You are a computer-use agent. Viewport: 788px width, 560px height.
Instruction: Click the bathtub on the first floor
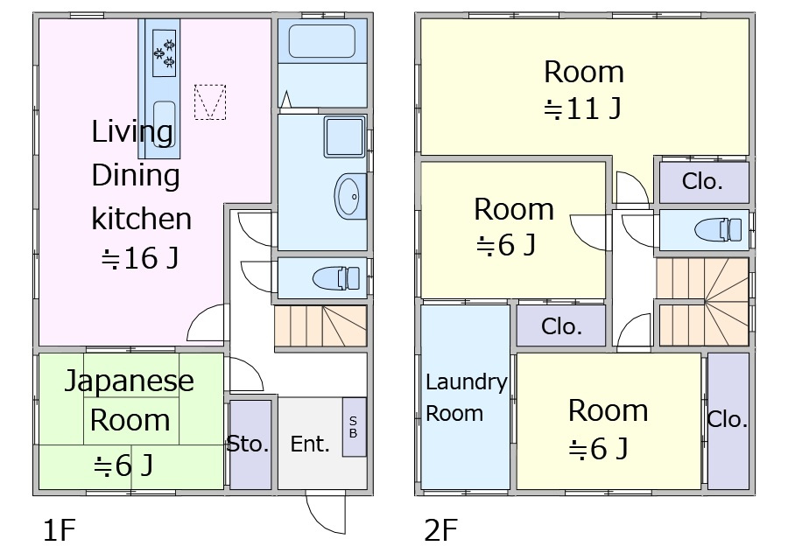pos(322,40)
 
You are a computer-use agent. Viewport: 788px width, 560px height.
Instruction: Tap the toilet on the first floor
pos(336,277)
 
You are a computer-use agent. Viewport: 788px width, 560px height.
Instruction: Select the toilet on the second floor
pos(718,230)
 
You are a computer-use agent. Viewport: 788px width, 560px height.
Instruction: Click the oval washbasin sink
pos(350,196)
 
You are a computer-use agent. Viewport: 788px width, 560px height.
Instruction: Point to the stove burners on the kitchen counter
pos(165,52)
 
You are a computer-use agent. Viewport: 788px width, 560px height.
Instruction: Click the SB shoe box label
pos(354,427)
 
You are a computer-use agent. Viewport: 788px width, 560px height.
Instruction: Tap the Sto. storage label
pos(248,444)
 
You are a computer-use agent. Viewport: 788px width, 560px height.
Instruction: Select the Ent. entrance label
pos(310,444)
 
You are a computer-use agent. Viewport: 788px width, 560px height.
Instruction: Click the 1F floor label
pos(60,530)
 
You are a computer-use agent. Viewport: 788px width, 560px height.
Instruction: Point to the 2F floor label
pos(440,530)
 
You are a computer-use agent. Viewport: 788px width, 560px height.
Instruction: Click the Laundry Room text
pos(466,398)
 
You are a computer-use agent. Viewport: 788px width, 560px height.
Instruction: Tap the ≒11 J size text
pos(583,108)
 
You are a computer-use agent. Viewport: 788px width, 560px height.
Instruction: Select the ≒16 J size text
pos(140,259)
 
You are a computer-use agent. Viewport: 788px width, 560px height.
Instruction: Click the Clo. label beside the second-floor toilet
pos(702,181)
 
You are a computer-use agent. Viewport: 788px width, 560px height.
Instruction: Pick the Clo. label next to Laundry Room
pos(561,327)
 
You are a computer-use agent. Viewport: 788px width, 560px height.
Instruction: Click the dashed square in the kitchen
pos(210,102)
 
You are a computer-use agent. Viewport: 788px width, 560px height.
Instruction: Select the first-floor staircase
pos(320,326)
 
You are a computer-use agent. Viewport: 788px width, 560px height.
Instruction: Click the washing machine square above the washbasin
pos(344,136)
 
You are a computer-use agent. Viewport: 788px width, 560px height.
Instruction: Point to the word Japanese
pos(130,381)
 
